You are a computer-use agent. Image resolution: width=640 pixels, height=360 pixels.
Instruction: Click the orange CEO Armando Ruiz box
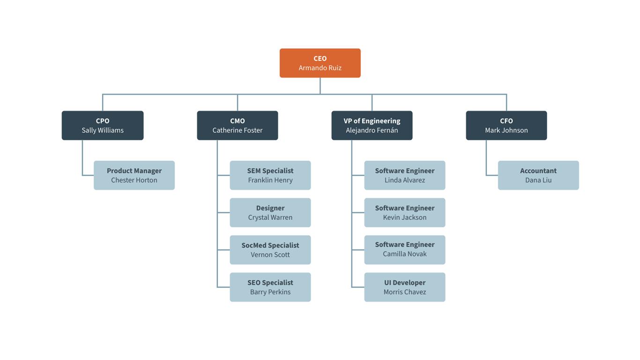(320, 63)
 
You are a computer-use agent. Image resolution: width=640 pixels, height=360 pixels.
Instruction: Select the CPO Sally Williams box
(103, 125)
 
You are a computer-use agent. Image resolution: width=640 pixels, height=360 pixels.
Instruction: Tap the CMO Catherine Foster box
(238, 125)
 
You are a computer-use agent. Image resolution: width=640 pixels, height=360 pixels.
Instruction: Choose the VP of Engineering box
(372, 125)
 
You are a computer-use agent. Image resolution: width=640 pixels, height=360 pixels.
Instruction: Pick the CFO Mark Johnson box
(506, 125)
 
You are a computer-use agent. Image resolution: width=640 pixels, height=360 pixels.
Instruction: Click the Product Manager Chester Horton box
(134, 175)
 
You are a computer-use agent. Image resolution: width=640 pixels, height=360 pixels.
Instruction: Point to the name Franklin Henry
(270, 180)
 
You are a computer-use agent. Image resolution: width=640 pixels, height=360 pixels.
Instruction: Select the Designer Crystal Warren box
(270, 212)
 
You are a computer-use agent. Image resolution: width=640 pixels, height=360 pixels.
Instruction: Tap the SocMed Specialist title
(270, 245)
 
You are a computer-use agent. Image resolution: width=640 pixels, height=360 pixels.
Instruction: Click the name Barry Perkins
(270, 292)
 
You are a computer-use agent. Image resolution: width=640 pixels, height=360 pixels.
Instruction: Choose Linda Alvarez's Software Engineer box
(405, 175)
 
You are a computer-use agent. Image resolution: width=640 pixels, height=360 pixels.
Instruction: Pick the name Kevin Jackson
(405, 217)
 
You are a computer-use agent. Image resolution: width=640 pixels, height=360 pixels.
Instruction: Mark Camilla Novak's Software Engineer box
(405, 250)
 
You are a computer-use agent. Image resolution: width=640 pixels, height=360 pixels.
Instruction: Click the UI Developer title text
(405, 283)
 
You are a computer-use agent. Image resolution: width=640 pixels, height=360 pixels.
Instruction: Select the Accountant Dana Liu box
(538, 175)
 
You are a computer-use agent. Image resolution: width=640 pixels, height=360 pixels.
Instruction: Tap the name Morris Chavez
(405, 292)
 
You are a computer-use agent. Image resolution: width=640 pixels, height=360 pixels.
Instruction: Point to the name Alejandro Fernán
(372, 130)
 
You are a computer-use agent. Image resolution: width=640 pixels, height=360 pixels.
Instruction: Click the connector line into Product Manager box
(88, 175)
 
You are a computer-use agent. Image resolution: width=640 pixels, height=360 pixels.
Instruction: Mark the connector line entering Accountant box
(492, 175)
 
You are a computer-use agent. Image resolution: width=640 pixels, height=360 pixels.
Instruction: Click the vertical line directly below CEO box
(320, 85)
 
